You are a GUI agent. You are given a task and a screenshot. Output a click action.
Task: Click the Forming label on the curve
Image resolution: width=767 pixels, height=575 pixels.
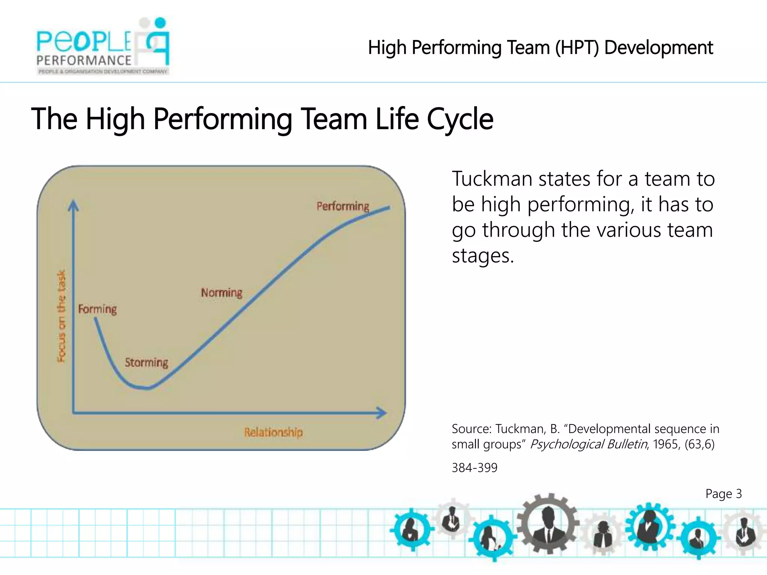[x=97, y=309]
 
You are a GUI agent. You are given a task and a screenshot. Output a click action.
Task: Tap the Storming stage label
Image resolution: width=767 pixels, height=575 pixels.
[x=146, y=362]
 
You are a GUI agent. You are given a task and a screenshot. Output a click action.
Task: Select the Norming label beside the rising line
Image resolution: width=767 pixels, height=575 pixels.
[x=221, y=292]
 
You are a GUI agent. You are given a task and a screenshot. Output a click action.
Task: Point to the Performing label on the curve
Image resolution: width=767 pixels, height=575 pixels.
[x=343, y=206]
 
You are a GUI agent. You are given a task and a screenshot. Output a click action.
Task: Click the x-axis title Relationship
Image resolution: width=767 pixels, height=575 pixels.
[x=273, y=432]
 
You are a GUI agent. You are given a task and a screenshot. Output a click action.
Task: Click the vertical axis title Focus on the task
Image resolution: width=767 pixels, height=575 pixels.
[x=61, y=316]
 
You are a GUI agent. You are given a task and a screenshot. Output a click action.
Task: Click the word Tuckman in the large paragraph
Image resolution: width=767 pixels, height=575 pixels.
[x=492, y=179]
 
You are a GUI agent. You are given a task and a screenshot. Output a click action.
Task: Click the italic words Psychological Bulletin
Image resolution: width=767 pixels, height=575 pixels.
[x=589, y=444]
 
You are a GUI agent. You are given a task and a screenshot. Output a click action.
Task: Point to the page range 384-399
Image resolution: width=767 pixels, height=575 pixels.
[x=475, y=468]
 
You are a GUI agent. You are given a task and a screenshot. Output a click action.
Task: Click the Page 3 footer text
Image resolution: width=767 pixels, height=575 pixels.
[x=723, y=494]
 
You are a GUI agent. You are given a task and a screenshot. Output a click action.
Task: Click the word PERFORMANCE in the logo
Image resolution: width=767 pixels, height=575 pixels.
[x=84, y=60]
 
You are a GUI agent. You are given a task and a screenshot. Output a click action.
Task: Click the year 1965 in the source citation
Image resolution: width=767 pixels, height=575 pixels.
[x=666, y=444]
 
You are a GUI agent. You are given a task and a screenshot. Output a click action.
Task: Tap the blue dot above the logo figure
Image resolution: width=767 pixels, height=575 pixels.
[x=160, y=22]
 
